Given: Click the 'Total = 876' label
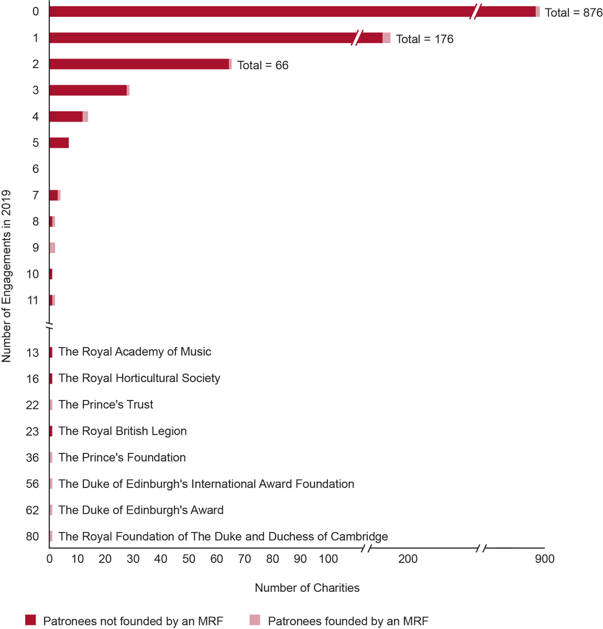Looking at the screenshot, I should [574, 13].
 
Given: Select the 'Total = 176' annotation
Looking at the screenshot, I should [424, 39].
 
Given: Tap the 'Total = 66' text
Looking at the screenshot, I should [262, 65].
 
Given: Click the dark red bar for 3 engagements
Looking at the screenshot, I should [88, 90].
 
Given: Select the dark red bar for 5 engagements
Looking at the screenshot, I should [59, 143].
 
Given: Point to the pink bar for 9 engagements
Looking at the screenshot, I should [52, 248].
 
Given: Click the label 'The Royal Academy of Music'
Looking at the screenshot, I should [135, 352].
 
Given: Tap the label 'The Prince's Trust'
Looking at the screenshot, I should [106, 405].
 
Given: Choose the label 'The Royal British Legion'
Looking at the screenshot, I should [123, 431].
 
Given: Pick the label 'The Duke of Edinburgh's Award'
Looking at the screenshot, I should [141, 510].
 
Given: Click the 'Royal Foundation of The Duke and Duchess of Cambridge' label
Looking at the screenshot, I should [223, 536].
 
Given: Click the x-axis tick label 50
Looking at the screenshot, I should [189, 559].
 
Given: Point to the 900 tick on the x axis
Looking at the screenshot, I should [544, 559].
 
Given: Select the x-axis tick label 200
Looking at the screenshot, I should [408, 559].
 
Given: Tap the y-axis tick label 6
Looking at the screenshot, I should [36, 169].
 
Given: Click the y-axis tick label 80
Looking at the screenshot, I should [32, 536].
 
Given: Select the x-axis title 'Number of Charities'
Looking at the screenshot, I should [307, 588].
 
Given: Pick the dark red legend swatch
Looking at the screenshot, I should [30, 620].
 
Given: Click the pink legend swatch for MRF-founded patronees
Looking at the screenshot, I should [255, 620].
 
